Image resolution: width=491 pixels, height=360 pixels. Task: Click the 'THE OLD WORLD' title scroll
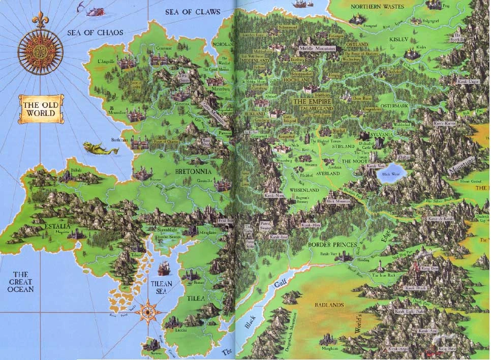(40, 109)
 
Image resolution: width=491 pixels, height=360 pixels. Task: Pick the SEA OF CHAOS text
(95, 33)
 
